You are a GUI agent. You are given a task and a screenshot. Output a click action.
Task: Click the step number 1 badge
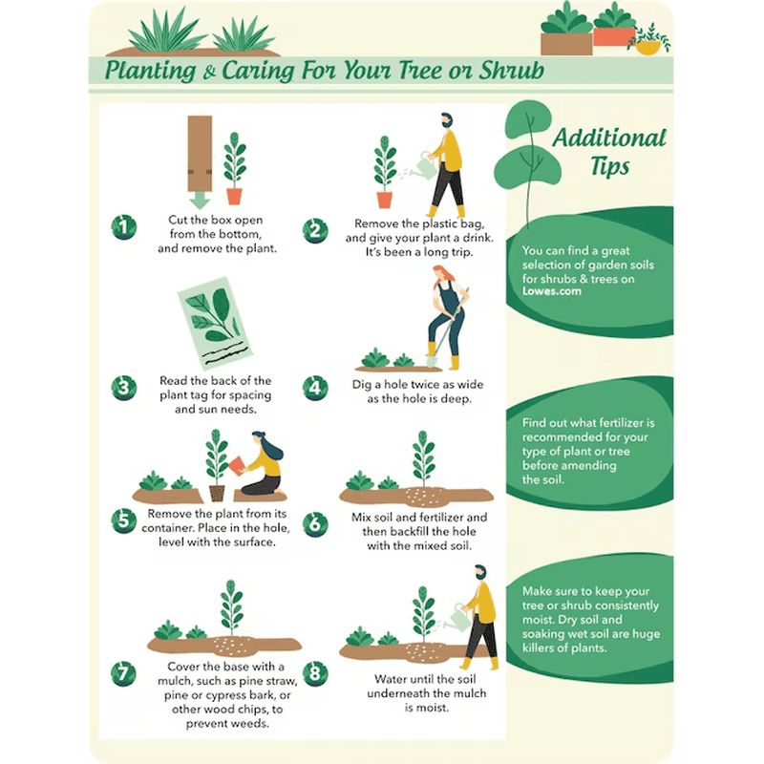click(x=124, y=227)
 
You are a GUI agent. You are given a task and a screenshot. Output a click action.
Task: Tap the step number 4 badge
click(x=315, y=389)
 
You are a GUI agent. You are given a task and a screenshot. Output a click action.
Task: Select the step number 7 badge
click(x=123, y=674)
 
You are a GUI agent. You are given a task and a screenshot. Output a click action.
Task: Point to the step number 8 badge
click(x=315, y=674)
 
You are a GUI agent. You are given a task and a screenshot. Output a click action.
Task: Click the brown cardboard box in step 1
click(x=200, y=154)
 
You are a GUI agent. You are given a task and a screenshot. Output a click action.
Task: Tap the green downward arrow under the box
click(x=200, y=201)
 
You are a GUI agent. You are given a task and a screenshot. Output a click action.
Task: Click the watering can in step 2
click(x=423, y=165)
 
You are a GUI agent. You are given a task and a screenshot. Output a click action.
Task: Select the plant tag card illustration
click(x=215, y=324)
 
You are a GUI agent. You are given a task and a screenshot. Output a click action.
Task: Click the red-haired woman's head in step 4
click(x=441, y=274)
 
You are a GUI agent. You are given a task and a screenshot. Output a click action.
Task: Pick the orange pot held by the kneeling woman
click(x=236, y=465)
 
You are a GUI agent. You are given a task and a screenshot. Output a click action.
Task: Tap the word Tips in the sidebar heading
click(x=609, y=165)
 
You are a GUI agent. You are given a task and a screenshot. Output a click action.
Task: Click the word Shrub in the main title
click(x=512, y=70)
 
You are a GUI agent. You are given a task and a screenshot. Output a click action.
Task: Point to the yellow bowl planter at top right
click(x=648, y=48)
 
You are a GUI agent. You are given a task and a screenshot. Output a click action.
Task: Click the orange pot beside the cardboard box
click(x=234, y=197)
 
